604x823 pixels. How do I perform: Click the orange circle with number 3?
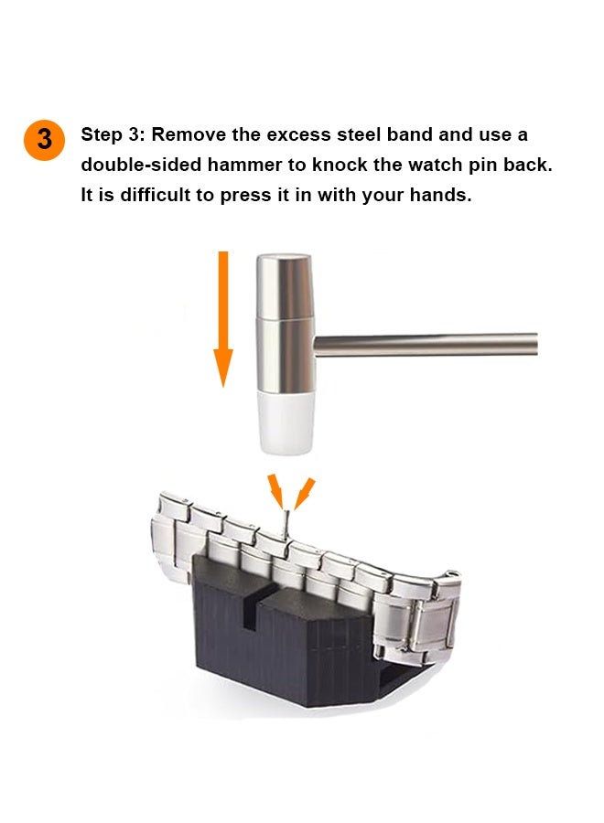tap(44, 140)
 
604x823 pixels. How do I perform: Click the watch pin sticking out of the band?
tap(288, 525)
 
